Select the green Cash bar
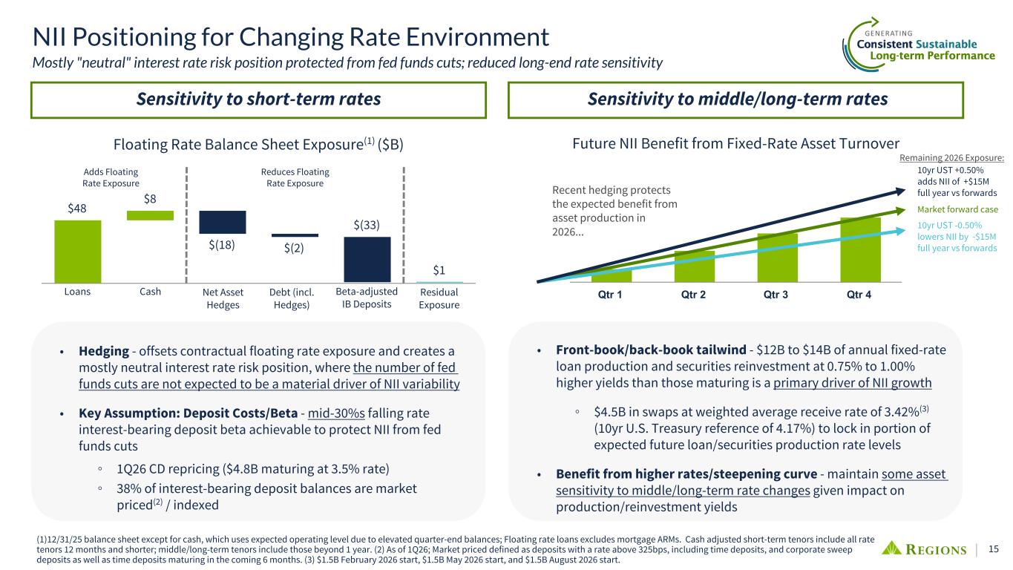pos(150,215)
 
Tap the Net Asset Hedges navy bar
pos(223,222)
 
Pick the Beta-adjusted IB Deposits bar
pos(367,259)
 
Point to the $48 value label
pos(77,209)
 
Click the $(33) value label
pos(367,224)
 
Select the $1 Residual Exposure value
pos(439,270)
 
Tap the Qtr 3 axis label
pos(777,294)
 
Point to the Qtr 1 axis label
pos(611,294)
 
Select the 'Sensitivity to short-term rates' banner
pos(258,99)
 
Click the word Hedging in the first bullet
pos(103,351)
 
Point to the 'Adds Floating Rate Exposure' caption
pos(111,177)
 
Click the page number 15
pos(994,549)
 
